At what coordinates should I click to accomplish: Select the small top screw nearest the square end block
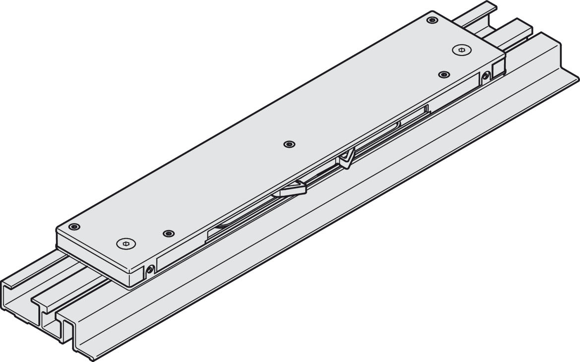[444, 74]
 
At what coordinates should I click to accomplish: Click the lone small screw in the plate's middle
[288, 144]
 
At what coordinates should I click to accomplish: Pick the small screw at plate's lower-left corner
[74, 227]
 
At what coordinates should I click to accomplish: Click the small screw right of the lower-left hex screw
[169, 233]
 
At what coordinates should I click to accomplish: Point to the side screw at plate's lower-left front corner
[150, 269]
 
